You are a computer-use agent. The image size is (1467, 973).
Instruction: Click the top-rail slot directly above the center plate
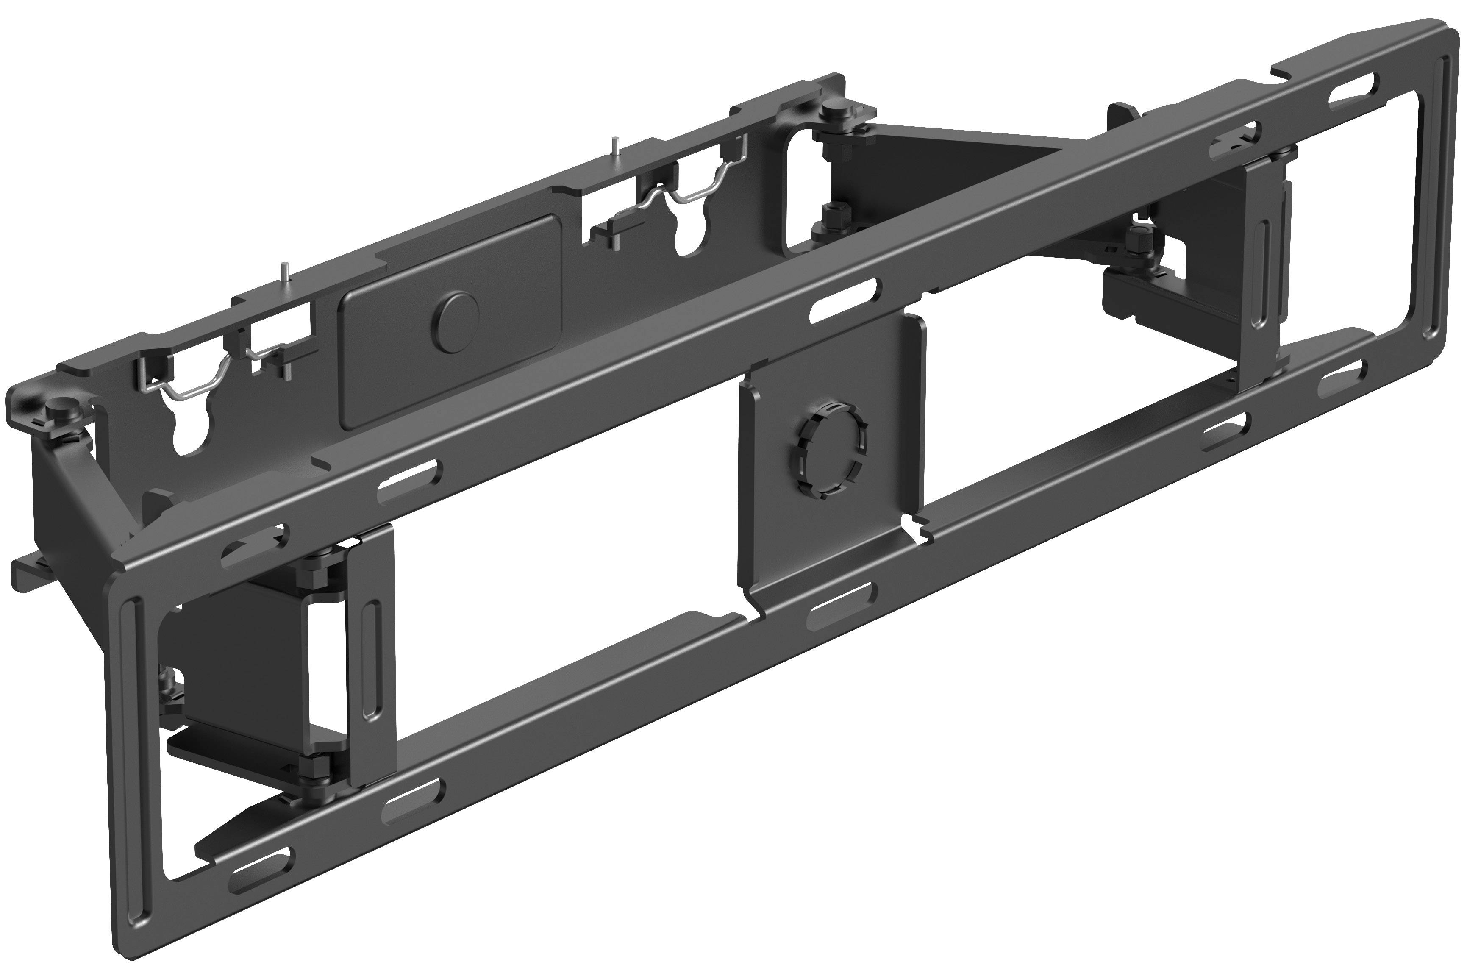845,300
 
